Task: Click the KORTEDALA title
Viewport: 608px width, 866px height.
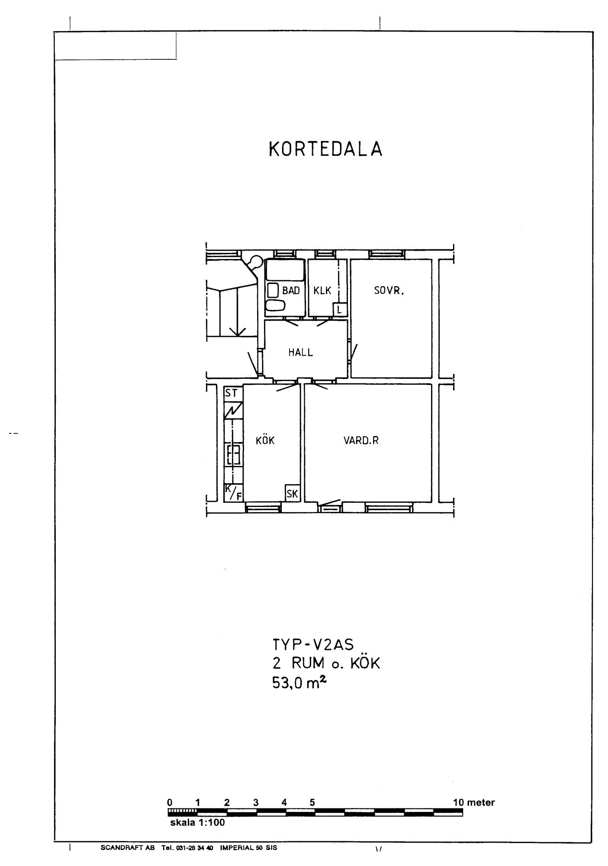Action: tap(325, 149)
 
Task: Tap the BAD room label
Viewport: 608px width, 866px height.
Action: tap(291, 291)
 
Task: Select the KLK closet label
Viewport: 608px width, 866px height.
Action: tap(322, 291)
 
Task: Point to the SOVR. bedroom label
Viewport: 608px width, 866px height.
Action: tap(389, 291)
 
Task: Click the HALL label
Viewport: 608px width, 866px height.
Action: tap(301, 352)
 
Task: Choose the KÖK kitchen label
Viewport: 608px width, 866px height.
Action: tap(265, 440)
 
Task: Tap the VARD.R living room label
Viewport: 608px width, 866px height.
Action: tap(361, 441)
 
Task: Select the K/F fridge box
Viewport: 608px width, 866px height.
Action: tap(233, 493)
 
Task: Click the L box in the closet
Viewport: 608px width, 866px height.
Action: tap(339, 310)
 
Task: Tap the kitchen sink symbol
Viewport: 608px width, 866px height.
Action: tap(233, 455)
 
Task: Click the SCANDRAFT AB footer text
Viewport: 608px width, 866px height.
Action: tap(128, 847)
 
